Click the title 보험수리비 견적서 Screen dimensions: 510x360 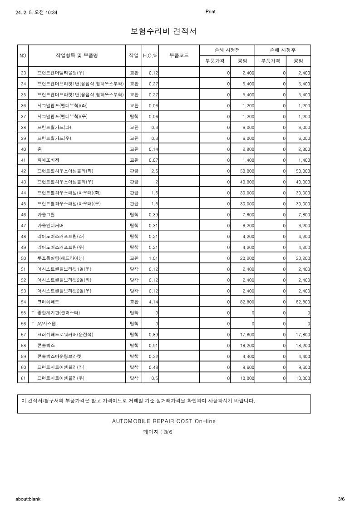click(x=163, y=31)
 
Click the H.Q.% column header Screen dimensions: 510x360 click(x=150, y=55)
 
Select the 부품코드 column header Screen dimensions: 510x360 click(x=179, y=55)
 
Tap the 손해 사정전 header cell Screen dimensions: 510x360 click(x=227, y=50)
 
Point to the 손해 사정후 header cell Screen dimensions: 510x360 click(x=283, y=50)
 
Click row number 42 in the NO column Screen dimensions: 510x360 click(x=24, y=171)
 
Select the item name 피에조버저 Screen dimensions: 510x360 click(x=48, y=160)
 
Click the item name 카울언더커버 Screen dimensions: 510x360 click(x=50, y=225)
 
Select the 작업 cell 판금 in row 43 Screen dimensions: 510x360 click(x=134, y=182)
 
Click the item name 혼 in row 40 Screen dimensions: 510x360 click(x=39, y=149)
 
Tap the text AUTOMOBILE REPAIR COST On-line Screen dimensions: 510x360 click(x=164, y=421)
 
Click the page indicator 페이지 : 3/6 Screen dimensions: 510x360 click(x=158, y=432)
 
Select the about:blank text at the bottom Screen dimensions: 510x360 click(x=28, y=499)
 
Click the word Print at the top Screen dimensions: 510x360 click(x=210, y=12)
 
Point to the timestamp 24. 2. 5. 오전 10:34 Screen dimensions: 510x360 click(x=36, y=12)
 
